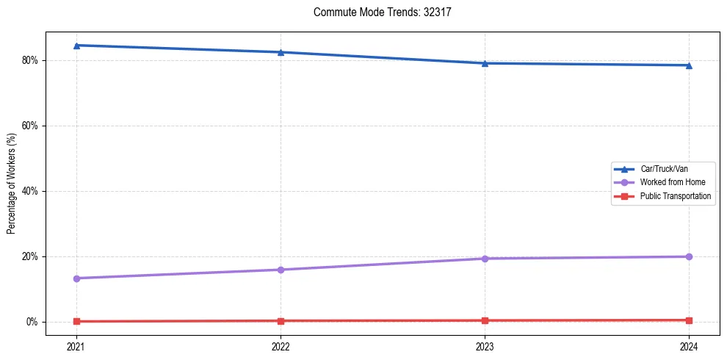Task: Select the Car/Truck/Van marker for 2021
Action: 76,46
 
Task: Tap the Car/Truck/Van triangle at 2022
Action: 281,52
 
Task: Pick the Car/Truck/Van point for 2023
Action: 485,63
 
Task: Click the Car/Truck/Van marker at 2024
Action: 689,65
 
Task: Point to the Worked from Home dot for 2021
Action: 76,278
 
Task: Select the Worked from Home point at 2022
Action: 281,270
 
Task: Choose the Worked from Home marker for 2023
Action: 485,259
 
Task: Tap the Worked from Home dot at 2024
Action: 689,256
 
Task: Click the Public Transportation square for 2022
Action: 281,321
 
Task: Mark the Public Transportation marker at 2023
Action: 485,320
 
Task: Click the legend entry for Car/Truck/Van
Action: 663,169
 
